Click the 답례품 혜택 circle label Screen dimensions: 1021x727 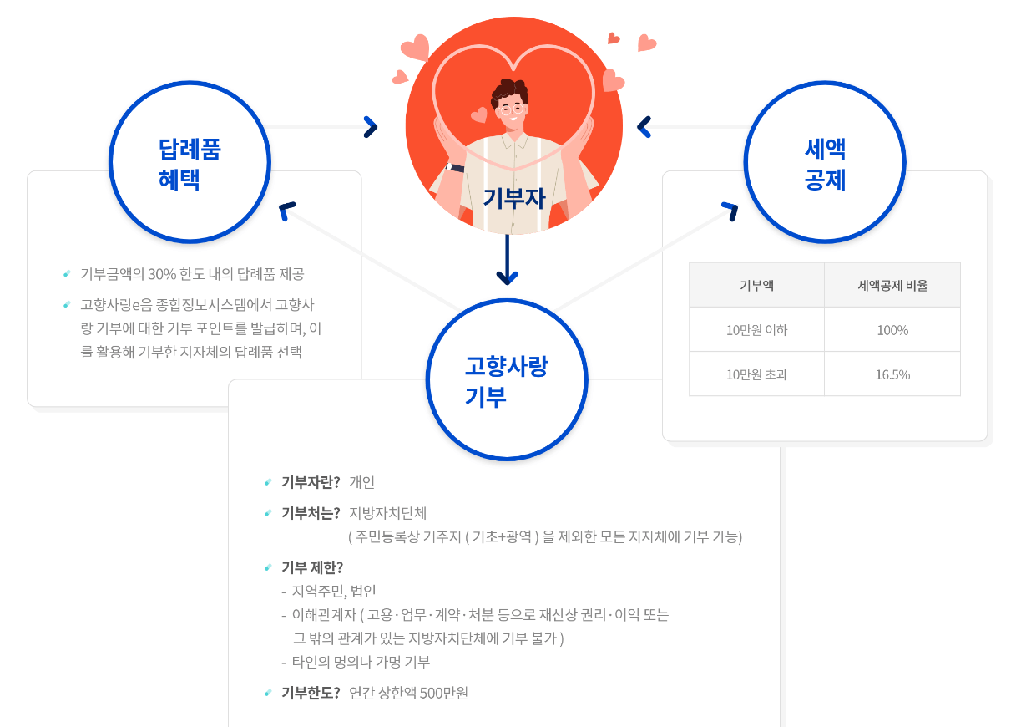[x=190, y=164]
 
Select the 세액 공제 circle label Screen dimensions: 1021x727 [x=825, y=164]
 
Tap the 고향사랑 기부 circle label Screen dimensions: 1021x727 [x=507, y=380]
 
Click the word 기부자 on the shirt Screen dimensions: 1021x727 [x=513, y=197]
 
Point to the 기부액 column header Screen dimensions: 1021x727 [x=756, y=285]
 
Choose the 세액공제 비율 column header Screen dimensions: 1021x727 [x=892, y=285]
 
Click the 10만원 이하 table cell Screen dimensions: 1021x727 [x=756, y=330]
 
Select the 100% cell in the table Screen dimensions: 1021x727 [x=892, y=330]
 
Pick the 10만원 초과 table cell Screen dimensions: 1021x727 [x=756, y=374]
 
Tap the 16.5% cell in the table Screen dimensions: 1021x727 [x=892, y=374]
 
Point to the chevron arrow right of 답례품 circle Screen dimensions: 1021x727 [x=371, y=127]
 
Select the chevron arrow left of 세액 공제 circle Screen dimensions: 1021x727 [x=644, y=127]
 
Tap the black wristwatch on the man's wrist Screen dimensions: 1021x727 [x=456, y=168]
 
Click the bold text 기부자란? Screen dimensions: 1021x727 [x=311, y=482]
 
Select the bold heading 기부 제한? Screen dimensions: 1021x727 [x=312, y=567]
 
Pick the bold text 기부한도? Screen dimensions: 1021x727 [x=311, y=693]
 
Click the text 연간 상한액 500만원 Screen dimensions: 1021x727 [x=408, y=693]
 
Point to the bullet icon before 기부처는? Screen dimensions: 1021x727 [x=267, y=512]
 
